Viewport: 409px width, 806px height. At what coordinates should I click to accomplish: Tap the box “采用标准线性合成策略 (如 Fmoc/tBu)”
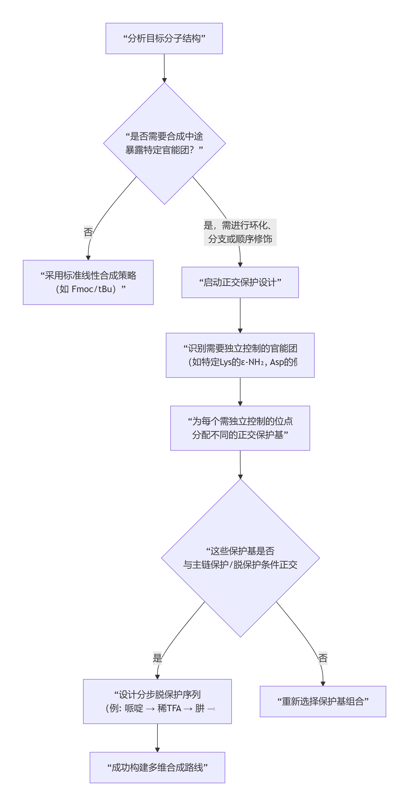88,282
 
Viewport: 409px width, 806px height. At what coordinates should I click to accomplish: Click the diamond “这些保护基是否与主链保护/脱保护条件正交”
240,558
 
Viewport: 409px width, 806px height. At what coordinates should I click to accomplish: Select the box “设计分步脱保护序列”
157,701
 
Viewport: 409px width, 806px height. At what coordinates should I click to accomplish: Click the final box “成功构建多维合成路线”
157,767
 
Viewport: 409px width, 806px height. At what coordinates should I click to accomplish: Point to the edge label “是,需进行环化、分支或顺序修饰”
240,232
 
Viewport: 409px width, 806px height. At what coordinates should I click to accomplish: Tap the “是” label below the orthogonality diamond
157,658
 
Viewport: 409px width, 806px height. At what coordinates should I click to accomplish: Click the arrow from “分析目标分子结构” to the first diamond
164,68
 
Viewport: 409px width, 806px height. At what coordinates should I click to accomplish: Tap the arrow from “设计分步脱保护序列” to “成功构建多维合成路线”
157,738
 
